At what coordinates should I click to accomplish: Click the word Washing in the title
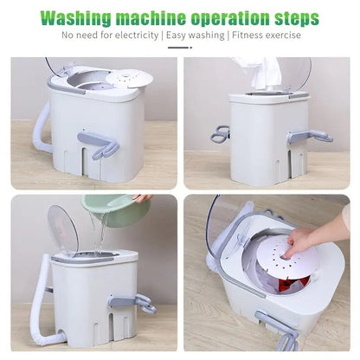coord(82,18)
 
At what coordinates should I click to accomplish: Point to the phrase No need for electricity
coord(111,36)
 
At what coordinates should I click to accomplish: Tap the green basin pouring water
coord(116,209)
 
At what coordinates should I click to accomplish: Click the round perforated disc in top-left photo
coord(129,78)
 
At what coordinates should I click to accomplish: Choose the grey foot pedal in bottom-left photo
coord(131,302)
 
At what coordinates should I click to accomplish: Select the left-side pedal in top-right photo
coord(221,135)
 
